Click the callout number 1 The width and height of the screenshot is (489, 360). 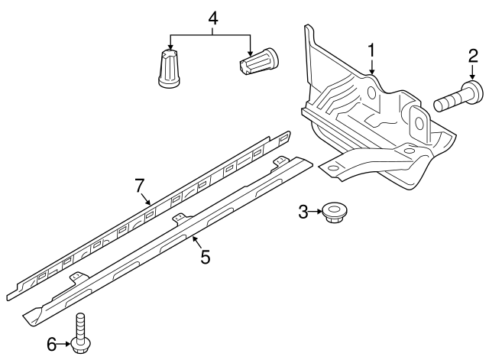coord(371,50)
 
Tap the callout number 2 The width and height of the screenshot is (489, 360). coord(473,56)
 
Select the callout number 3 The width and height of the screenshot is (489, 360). coord(303,212)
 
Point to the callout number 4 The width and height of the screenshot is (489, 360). coord(212,18)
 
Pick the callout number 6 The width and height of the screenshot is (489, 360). coord(52,345)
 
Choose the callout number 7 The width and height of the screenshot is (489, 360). coord(140,186)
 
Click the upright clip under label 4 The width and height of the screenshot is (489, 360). coord(169,68)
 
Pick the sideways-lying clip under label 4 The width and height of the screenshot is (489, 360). coord(258,61)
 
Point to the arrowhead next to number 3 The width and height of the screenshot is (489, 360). coord(319,212)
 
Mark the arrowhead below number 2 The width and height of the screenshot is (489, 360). coord(472,76)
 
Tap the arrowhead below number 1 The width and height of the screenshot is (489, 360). coord(371,71)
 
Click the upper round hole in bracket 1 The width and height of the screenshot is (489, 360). coord(372,92)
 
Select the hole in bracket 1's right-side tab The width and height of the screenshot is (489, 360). coord(419,123)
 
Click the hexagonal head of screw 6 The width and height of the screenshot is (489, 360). coord(81,345)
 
